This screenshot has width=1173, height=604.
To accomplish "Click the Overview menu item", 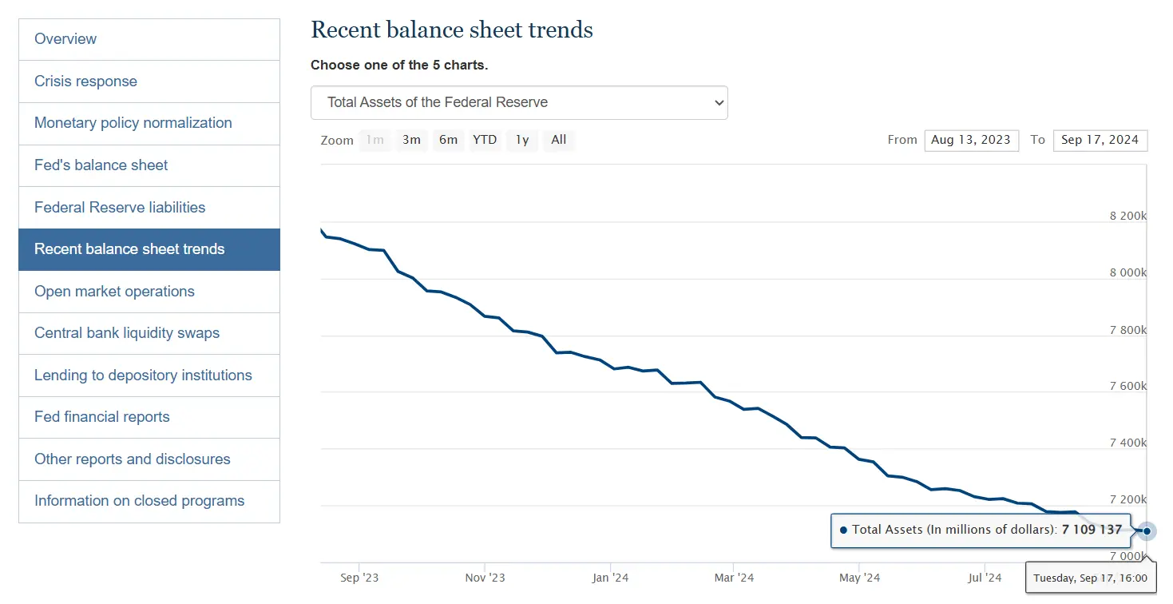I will pyautogui.click(x=65, y=39).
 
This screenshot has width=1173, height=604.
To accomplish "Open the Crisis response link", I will pyautogui.click(x=85, y=81).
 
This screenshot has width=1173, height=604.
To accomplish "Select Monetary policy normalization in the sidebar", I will pyautogui.click(x=133, y=123).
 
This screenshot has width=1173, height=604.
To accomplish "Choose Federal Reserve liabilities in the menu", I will pyautogui.click(x=120, y=208).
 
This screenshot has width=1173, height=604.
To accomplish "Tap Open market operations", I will pyautogui.click(x=114, y=292).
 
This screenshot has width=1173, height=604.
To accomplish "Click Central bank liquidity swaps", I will pyautogui.click(x=127, y=333).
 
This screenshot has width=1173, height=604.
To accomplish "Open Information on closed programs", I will pyautogui.click(x=139, y=501).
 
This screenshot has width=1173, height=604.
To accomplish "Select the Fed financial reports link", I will pyautogui.click(x=102, y=417).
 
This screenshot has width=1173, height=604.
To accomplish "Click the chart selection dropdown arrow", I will pyautogui.click(x=719, y=103).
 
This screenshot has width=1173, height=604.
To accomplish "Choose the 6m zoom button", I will pyautogui.click(x=448, y=140).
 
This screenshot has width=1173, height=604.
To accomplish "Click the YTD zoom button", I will pyautogui.click(x=485, y=140).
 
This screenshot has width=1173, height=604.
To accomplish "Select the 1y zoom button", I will pyautogui.click(x=522, y=140).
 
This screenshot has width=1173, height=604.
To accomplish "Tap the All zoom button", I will pyautogui.click(x=559, y=140).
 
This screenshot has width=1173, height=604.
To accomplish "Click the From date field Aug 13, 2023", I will pyautogui.click(x=971, y=140).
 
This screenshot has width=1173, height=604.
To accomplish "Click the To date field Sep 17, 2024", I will pyautogui.click(x=1100, y=140).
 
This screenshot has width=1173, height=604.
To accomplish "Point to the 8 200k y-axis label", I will pyautogui.click(x=1127, y=216).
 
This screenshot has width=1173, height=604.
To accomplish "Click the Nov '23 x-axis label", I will pyautogui.click(x=485, y=578).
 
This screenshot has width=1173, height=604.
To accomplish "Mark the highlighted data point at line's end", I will pyautogui.click(x=1147, y=530).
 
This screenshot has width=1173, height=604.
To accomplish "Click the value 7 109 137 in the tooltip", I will pyautogui.click(x=1092, y=530).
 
